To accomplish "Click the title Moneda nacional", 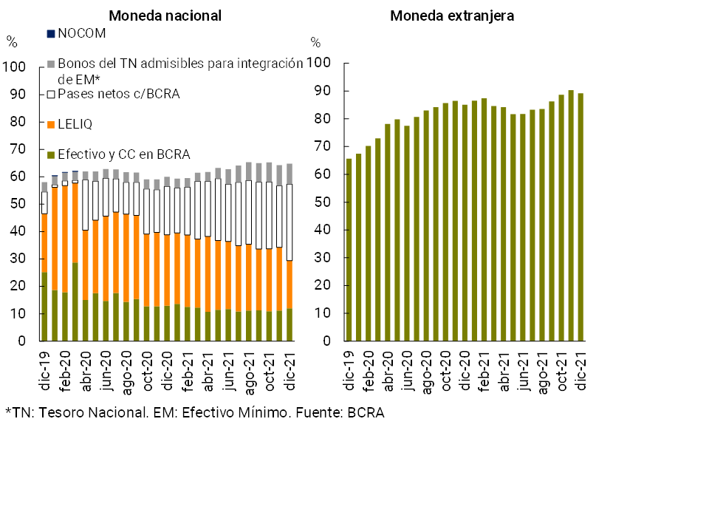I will [x=165, y=16].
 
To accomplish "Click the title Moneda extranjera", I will [x=452, y=16].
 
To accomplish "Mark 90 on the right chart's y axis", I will [x=323, y=91].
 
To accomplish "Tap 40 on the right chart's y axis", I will [x=323, y=230].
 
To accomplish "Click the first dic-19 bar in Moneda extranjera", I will [x=349, y=250].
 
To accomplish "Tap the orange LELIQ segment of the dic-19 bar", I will [x=45, y=243].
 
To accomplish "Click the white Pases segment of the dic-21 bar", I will [x=290, y=222].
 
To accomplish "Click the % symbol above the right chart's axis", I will [x=315, y=42].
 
